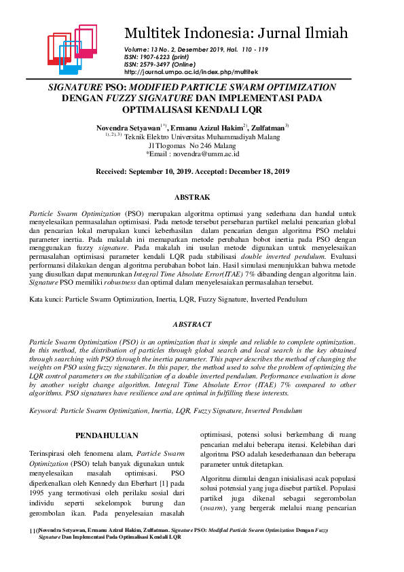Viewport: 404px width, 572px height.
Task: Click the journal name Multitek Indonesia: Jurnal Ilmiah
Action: pos(236,33)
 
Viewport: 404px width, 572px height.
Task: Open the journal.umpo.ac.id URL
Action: pos(191,72)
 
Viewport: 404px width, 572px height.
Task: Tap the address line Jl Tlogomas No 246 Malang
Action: pos(192,145)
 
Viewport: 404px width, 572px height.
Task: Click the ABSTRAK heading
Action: pos(192,198)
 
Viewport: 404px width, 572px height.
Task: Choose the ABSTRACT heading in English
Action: pos(192,325)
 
